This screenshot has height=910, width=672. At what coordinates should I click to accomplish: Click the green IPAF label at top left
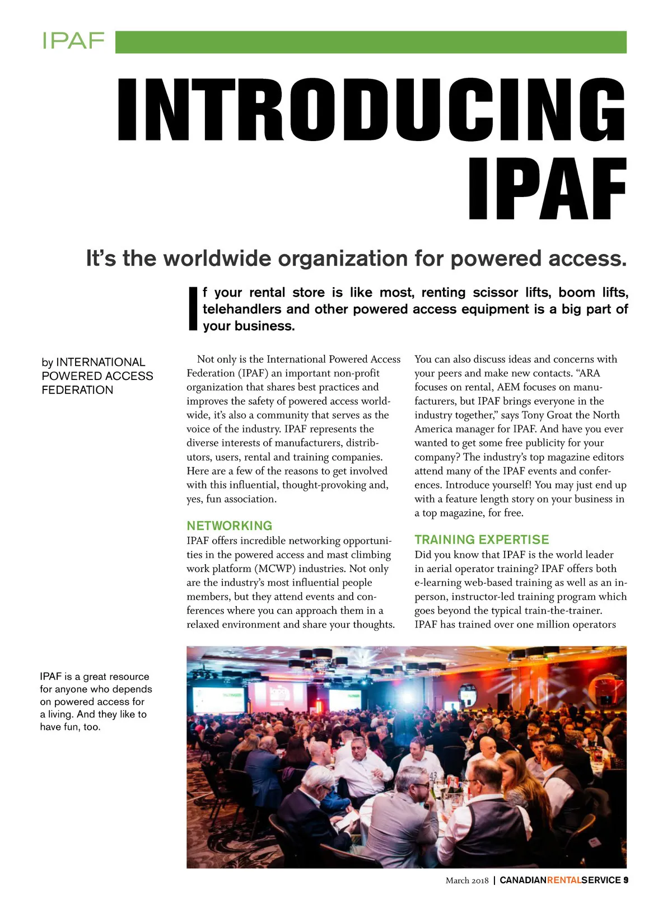[x=73, y=41]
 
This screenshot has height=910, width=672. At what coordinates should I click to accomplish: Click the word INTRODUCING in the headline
[x=371, y=110]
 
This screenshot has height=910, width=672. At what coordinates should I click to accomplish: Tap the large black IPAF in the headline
[x=547, y=189]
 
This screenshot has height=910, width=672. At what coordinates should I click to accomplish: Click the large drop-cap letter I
[x=193, y=309]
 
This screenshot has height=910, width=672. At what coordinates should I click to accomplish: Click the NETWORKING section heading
[x=230, y=526]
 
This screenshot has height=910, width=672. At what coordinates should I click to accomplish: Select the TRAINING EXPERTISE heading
[x=482, y=540]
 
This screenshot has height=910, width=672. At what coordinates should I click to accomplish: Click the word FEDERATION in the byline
[x=77, y=390]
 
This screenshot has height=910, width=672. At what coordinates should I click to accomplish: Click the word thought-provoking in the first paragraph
[x=324, y=485]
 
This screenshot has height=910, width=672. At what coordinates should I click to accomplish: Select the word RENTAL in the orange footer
[x=563, y=880]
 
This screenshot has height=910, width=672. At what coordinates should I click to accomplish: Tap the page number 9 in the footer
[x=626, y=880]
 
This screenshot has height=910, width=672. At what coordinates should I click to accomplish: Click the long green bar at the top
[x=371, y=43]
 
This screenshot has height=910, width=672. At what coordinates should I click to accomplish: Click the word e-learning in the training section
[x=438, y=583]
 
